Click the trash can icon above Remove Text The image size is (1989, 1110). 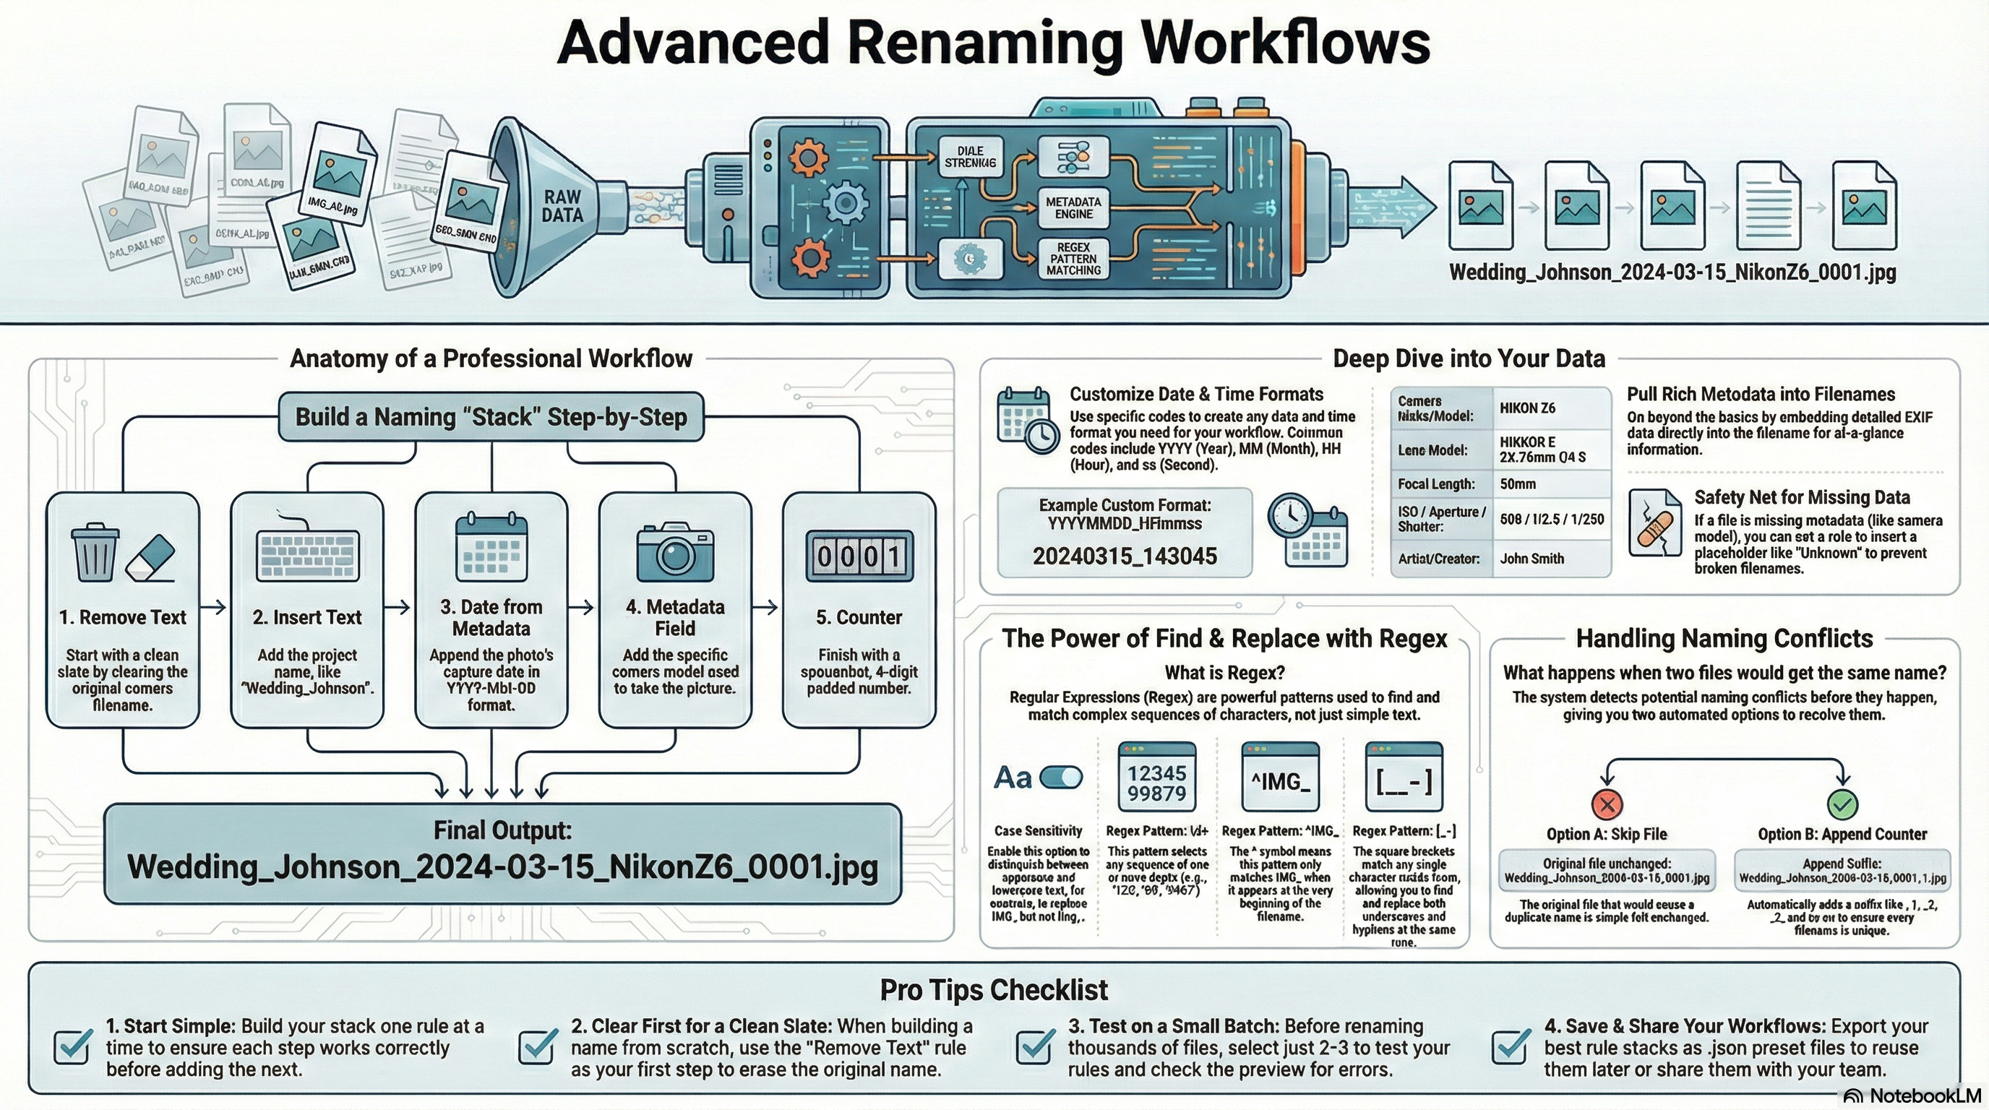tap(95, 552)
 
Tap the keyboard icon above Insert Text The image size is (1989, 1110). tap(307, 554)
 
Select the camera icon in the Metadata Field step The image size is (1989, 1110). tap(675, 553)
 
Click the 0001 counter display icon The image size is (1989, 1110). tap(859, 556)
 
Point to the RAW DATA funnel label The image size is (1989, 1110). tap(562, 206)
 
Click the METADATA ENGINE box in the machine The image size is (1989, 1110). tap(1073, 207)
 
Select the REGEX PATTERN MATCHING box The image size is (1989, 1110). tap(1073, 259)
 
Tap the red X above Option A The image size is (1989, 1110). tap(1607, 804)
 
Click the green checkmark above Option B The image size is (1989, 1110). tap(1842, 804)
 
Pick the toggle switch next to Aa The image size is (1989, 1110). tap(1061, 778)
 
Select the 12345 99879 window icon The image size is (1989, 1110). tap(1156, 782)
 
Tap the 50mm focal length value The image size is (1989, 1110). tap(1518, 484)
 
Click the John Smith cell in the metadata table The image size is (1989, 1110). tap(1532, 558)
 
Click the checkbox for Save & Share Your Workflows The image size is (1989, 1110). tap(1511, 1046)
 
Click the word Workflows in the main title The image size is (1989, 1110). tap(1286, 43)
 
